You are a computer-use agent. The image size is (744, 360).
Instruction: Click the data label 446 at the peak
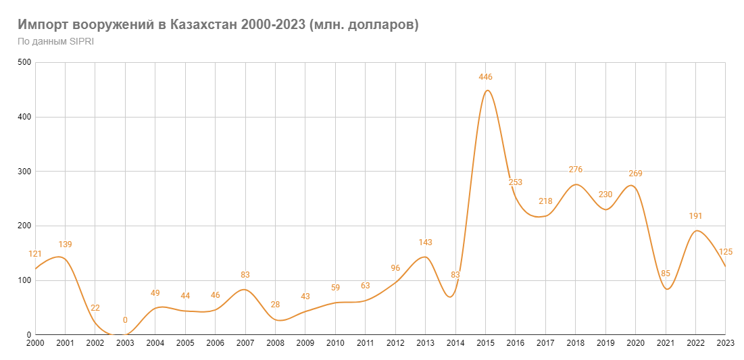pyautogui.click(x=485, y=77)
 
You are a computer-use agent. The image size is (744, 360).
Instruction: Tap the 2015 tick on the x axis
pyautogui.click(x=485, y=343)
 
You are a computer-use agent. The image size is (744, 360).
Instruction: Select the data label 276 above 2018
pyautogui.click(x=575, y=170)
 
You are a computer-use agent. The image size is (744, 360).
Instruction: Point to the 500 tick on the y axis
pyautogui.click(x=24, y=63)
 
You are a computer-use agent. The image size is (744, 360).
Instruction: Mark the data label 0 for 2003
pyautogui.click(x=125, y=320)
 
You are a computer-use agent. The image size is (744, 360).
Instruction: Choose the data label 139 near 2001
pyautogui.click(x=65, y=245)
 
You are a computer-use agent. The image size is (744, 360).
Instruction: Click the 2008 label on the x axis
pyautogui.click(x=276, y=343)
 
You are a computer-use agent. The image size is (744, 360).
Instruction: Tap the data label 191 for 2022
pyautogui.click(x=695, y=216)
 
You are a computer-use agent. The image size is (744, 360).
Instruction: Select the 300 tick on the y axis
pyautogui.click(x=24, y=172)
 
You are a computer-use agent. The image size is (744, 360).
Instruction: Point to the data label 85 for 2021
pyautogui.click(x=666, y=274)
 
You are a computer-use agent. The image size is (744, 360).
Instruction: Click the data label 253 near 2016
pyautogui.click(x=516, y=182)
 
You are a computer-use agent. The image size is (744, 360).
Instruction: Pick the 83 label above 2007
pyautogui.click(x=245, y=275)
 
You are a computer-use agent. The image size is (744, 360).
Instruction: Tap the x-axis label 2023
pyautogui.click(x=725, y=343)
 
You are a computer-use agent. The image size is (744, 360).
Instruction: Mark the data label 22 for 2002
pyautogui.click(x=95, y=308)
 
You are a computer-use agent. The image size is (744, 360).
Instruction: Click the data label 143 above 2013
pyautogui.click(x=425, y=242)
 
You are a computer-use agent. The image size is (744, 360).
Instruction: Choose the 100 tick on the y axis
pyautogui.click(x=24, y=280)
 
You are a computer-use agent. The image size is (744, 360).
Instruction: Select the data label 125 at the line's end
pyautogui.click(x=726, y=252)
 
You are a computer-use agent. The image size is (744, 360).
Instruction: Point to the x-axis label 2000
pyautogui.click(x=36, y=343)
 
